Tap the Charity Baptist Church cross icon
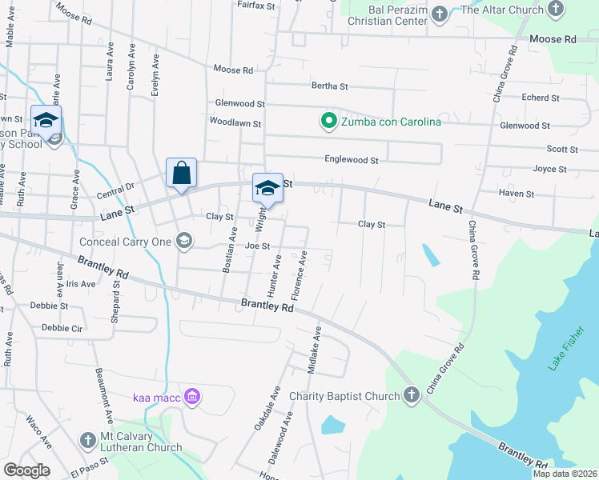click(x=411, y=396)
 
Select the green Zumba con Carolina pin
click(x=328, y=122)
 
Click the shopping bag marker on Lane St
click(x=182, y=173)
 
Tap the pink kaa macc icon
click(x=191, y=396)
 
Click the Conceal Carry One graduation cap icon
click(x=184, y=241)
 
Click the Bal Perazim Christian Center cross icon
click(x=439, y=14)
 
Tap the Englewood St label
click(x=351, y=160)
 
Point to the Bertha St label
click(x=329, y=86)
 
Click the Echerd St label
click(x=540, y=98)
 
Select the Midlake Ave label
click(x=315, y=350)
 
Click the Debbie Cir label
click(x=62, y=327)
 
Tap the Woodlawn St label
click(x=235, y=123)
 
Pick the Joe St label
click(x=257, y=246)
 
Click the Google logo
click(x=26, y=470)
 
